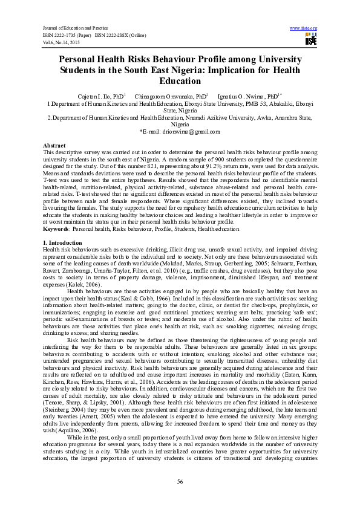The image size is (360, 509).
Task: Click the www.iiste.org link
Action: [304, 28]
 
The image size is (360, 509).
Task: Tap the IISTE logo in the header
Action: [311, 40]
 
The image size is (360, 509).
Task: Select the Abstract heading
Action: [54, 146]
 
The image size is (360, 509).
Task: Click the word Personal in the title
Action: [83, 59]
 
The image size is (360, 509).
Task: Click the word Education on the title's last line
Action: [180, 81]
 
